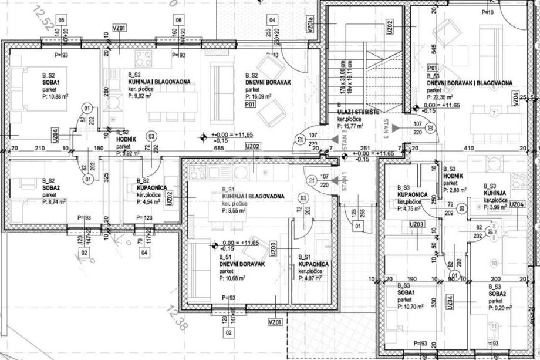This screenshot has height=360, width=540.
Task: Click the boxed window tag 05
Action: pyautogui.click(x=62, y=19)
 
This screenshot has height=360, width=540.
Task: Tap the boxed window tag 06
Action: pyautogui.click(x=178, y=19)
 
